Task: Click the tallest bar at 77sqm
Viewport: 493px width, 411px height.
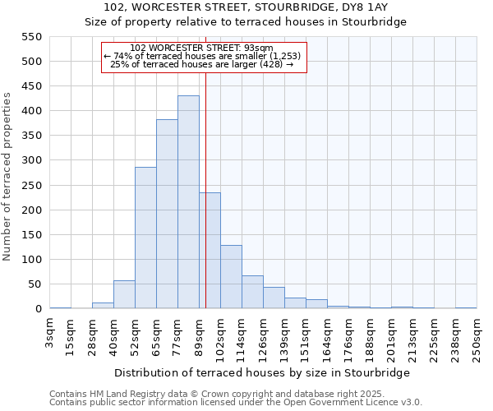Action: coord(188,202)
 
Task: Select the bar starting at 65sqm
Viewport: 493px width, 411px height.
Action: coord(167,214)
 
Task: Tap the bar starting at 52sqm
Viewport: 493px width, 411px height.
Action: coord(145,238)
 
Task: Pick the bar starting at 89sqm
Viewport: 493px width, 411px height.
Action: coord(210,251)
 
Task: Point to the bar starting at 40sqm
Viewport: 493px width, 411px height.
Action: coord(124,294)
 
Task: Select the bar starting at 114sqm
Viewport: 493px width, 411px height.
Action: coord(252,293)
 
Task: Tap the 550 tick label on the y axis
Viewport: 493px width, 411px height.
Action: coord(30,37)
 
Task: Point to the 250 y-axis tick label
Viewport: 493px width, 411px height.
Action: coord(30,186)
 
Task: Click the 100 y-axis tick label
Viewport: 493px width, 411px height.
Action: coord(30,260)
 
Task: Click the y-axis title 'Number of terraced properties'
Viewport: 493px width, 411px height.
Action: coord(8,177)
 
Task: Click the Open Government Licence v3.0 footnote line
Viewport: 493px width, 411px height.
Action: coord(236,403)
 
